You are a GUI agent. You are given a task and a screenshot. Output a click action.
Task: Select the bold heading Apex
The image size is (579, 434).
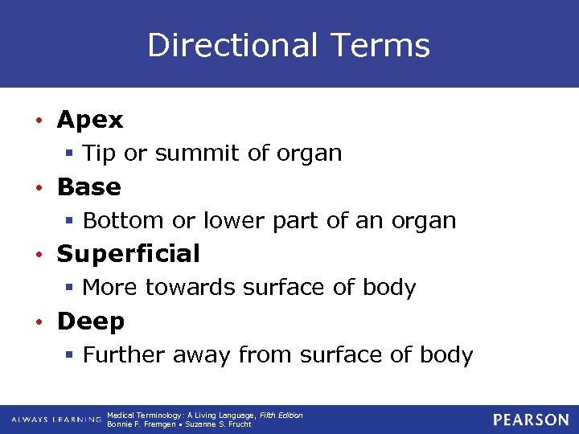point(90,121)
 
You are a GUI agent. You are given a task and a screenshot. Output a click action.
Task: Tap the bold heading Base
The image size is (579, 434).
point(88,187)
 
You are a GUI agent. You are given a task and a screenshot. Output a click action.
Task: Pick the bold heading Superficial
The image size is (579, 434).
point(128,254)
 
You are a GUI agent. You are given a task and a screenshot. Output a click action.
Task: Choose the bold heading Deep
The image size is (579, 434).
point(90,321)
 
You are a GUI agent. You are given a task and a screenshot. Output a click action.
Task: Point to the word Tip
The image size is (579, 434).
point(100,154)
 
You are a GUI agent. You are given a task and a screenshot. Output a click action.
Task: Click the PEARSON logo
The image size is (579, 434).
point(531,420)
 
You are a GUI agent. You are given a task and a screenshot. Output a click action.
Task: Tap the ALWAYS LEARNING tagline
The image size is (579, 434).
point(56,420)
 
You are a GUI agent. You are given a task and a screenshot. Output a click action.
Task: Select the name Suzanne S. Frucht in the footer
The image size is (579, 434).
point(220,424)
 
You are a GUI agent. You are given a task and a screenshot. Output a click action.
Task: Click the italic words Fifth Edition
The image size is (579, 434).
point(281,415)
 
